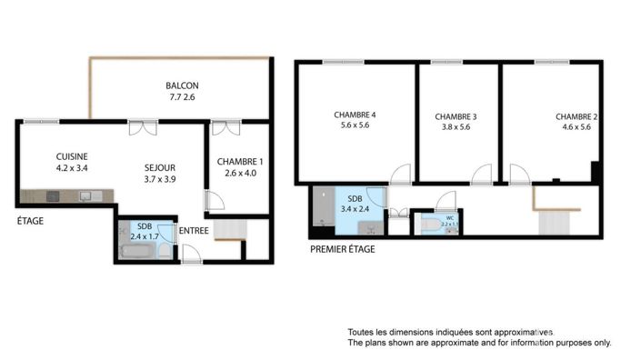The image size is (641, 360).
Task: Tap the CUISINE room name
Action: pyautogui.click(x=73, y=155)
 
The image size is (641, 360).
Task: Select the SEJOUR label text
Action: pyautogui.click(x=159, y=167)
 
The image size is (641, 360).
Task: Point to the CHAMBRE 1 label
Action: pyautogui.click(x=238, y=161)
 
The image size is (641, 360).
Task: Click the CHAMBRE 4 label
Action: pyautogui.click(x=355, y=115)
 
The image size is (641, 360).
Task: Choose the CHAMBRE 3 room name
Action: pyautogui.click(x=456, y=116)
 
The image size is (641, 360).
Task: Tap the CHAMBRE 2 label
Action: pyautogui.click(x=576, y=116)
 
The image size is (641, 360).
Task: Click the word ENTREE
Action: pyautogui.click(x=193, y=231)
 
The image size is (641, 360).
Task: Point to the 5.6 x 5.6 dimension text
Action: pyautogui.click(x=355, y=126)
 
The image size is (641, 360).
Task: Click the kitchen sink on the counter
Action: pyautogui.click(x=87, y=195)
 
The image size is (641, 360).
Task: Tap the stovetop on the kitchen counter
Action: pyautogui.click(x=50, y=195)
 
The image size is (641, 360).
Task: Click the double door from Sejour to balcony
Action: pyautogui.click(x=138, y=126)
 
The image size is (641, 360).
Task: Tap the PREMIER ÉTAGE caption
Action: pyautogui.click(x=342, y=248)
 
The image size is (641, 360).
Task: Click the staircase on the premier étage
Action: pyautogui.click(x=554, y=222)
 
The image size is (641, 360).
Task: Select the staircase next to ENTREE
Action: pyautogui.click(x=229, y=230)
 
